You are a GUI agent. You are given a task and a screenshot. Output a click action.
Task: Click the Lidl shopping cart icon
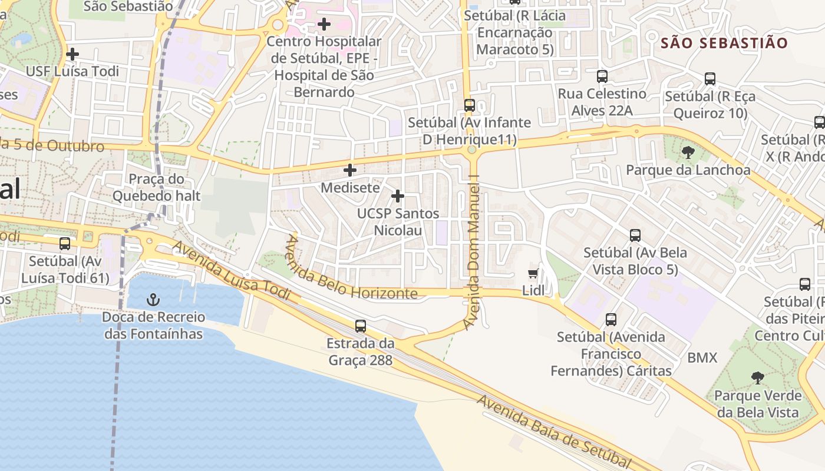533,273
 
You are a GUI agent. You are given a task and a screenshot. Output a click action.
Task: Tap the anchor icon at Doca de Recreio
153,300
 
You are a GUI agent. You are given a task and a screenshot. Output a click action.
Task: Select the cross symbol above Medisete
350,171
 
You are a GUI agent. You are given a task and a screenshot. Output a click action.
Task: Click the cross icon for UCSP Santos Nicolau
398,195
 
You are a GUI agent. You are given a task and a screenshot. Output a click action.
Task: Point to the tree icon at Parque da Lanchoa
688,153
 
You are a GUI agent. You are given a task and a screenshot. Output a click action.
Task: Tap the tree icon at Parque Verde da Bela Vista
758,377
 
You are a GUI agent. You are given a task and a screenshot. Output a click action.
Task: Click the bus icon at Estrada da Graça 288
361,326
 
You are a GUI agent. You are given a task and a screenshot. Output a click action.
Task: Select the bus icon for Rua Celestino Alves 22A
602,77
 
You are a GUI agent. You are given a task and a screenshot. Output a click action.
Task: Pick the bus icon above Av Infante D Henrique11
469,105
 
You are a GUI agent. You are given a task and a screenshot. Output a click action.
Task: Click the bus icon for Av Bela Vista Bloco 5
635,235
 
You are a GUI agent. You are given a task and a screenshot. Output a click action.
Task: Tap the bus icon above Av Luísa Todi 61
65,243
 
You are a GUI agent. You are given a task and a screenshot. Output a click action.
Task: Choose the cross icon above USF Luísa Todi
72,54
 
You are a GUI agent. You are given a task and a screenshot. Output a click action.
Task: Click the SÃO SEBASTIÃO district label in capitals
724,43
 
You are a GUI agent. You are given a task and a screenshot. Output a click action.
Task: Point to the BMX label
702,358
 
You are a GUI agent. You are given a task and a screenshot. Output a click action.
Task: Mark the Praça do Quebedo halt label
156,187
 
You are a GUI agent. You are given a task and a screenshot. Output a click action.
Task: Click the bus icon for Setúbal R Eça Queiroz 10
710,79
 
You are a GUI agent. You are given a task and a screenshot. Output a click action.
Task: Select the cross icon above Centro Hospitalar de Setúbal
324,24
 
